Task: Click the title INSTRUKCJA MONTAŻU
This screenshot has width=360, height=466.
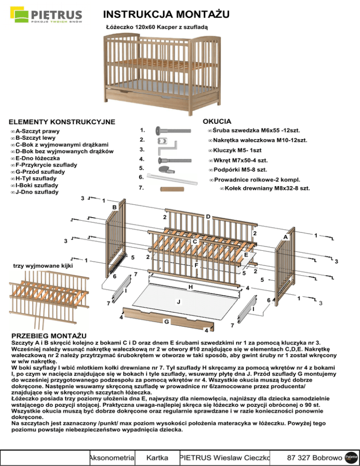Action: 166,15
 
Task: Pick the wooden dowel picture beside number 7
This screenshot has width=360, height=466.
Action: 170,189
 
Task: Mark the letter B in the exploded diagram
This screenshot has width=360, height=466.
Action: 114,207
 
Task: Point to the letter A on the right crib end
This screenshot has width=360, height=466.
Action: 285,238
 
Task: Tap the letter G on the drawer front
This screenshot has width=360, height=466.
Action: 166,322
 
